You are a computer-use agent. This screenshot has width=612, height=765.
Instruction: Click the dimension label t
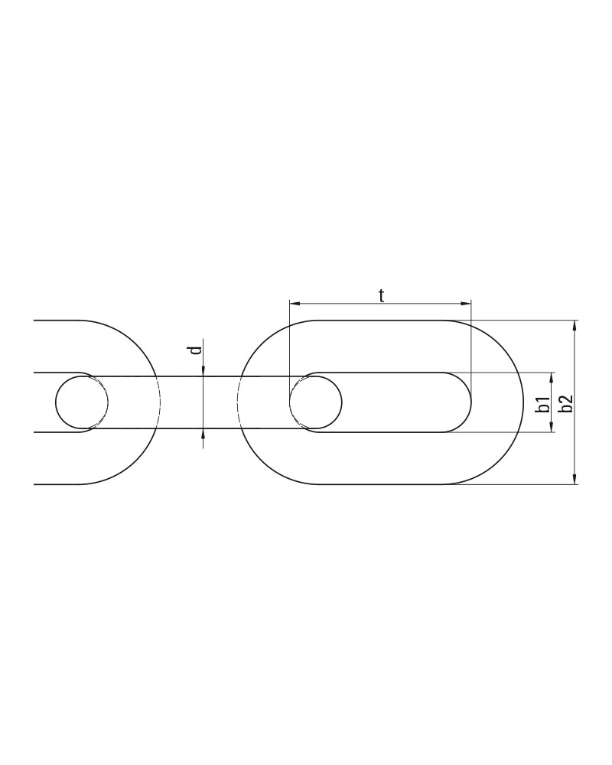point(381,295)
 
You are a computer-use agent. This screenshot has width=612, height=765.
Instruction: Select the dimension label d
point(196,350)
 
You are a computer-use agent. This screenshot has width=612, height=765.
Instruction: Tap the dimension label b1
point(542,405)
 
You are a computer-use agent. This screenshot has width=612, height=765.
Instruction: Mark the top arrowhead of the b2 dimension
point(575,325)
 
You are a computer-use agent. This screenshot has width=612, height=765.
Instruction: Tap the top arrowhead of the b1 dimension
point(552,377)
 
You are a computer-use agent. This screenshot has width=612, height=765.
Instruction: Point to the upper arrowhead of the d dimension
point(203,371)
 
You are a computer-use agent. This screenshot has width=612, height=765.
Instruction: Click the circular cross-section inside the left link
point(82,402)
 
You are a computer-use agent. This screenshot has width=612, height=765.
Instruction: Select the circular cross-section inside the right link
point(315,402)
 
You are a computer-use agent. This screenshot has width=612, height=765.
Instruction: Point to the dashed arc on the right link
point(239,402)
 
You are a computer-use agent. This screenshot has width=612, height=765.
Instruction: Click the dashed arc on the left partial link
point(159,402)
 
